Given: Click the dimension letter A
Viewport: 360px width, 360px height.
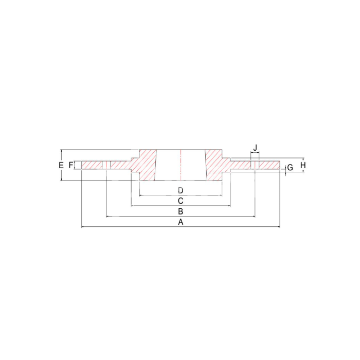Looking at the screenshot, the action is (181, 222).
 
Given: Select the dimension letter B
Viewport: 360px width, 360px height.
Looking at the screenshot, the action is (181, 211).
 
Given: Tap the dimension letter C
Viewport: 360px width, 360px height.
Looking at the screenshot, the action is (181, 201).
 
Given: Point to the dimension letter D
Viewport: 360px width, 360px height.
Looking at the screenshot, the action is (181, 190).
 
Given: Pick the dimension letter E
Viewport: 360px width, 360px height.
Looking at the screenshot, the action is (61, 165).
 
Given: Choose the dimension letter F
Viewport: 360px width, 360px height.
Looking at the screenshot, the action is (71, 165).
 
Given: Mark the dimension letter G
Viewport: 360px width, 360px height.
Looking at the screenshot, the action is (290, 168).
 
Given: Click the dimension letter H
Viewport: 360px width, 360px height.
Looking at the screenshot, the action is (303, 165).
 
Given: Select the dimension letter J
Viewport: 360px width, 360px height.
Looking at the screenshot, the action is (256, 148).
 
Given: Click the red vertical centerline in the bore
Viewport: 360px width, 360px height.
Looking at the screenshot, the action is (181, 165).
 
